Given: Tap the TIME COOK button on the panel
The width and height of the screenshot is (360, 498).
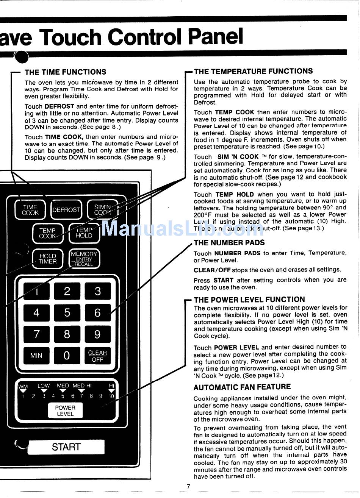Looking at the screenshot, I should click(30, 210).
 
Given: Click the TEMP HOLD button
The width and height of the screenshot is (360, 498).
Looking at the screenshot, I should click(84, 233).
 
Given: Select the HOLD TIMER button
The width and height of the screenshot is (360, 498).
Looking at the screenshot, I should click(47, 259).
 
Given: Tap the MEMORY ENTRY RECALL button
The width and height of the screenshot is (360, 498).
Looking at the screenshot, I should click(84, 259).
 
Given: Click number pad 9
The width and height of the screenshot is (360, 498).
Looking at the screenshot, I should click(97, 334).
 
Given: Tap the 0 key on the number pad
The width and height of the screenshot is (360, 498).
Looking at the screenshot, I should click(67, 355).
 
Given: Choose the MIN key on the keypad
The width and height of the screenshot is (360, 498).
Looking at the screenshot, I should click(36, 355).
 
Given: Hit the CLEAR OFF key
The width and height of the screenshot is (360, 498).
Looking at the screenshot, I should click(97, 356).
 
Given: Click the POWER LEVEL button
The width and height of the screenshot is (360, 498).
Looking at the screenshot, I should click(65, 411).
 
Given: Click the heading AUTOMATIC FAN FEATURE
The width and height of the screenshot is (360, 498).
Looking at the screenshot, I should click(242, 387).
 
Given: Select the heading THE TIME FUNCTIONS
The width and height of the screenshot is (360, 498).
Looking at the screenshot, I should click(65, 72).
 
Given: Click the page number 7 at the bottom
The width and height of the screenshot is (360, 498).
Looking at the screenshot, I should click(188, 487).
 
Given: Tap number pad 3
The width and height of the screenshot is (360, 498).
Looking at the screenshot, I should click(97, 291).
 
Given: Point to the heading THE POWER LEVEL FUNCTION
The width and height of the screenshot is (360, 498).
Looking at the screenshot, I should click(249, 300).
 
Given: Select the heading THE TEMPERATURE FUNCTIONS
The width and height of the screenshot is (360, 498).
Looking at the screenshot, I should click(253, 71).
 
